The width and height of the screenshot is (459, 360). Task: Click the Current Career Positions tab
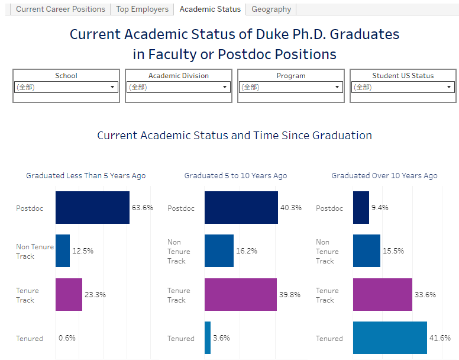coord(60,9)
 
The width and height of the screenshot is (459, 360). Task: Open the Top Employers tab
coord(142,9)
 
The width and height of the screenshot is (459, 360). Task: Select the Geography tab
coord(271,9)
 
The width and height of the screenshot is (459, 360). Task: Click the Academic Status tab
coord(210,9)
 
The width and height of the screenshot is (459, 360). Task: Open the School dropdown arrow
coord(112,87)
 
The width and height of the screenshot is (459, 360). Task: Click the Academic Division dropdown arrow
coord(225,87)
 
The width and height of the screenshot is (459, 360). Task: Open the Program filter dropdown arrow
coord(337,87)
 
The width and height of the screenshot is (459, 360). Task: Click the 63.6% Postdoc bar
coord(92,207)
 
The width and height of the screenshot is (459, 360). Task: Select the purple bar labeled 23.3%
coord(69,294)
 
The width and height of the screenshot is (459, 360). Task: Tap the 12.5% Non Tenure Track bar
coord(63,250)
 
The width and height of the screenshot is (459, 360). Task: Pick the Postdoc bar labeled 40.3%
coord(241,207)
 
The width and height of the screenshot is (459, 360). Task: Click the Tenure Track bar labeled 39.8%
coord(240,294)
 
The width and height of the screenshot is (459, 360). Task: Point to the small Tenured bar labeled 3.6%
coord(208,337)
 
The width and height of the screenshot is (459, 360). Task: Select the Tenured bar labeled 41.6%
coord(390,337)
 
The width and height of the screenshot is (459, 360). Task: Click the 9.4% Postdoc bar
coord(361,207)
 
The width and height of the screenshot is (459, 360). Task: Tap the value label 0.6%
coord(67,338)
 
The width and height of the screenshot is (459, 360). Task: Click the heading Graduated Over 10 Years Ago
coord(384,176)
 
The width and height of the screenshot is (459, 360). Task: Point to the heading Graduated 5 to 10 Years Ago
coord(235,176)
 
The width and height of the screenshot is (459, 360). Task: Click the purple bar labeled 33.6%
coord(382,294)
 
